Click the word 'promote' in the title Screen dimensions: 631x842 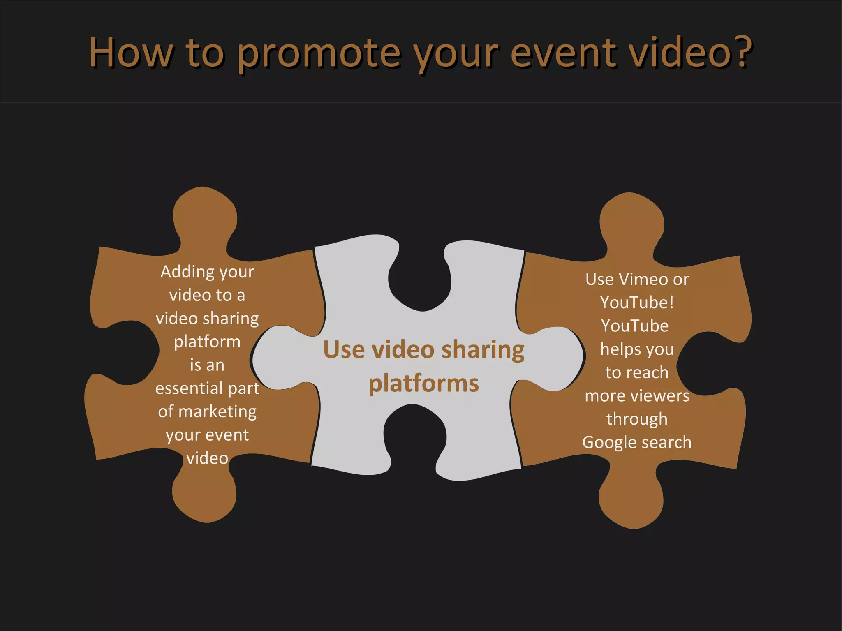(319, 53)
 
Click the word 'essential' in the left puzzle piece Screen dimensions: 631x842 (189, 388)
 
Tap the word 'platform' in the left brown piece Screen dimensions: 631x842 (207, 342)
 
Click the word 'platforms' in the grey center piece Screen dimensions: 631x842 (423, 384)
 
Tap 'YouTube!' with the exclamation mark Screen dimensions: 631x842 (637, 303)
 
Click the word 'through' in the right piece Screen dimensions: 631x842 (637, 419)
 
